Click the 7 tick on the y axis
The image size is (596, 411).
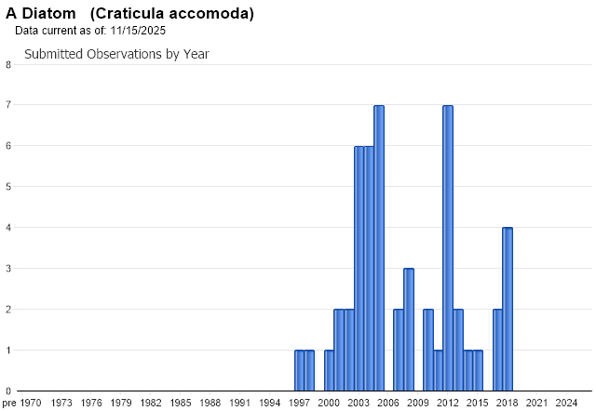pos(8,105)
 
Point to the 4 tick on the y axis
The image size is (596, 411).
pos(8,228)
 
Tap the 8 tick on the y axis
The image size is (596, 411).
pos(8,64)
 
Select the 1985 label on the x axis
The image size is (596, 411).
pos(181,402)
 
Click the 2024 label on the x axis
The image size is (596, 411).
pos(567,402)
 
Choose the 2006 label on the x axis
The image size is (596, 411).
pos(388,402)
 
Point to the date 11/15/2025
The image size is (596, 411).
pos(137,31)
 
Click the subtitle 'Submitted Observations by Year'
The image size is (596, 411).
pos(116,54)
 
